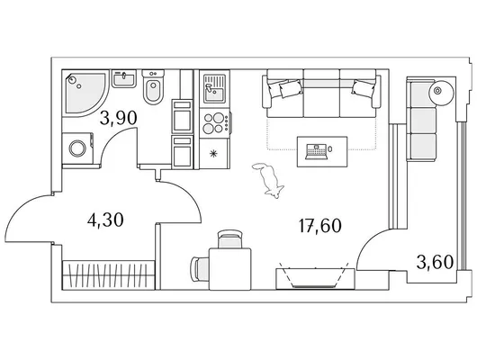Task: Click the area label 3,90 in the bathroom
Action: click(118, 119)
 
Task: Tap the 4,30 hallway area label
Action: click(105, 220)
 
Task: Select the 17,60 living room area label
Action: click(320, 226)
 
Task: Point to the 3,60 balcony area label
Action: click(435, 262)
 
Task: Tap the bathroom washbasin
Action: click(124, 78)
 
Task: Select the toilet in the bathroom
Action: click(153, 87)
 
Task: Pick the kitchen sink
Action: click(215, 88)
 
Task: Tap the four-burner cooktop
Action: click(215, 122)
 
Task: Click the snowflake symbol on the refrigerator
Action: click(214, 153)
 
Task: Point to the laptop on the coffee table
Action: click(317, 151)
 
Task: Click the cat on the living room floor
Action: click(269, 181)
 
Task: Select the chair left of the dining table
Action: click(200, 269)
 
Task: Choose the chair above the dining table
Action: click(230, 239)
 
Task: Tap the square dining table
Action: click(230, 269)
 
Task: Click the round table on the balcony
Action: click(441, 91)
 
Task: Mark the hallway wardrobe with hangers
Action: click(109, 275)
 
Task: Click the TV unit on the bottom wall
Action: click(315, 278)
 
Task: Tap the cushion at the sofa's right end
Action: click(363, 88)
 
